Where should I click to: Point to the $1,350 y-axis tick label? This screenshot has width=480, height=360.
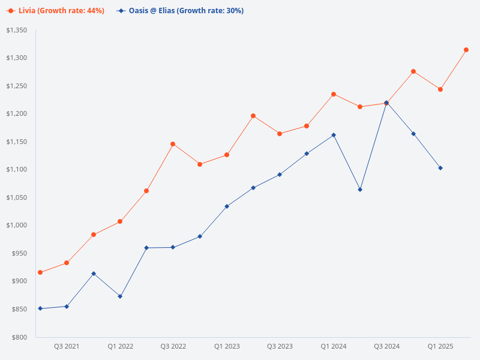coord(17,30)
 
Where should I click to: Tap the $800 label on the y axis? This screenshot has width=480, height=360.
coord(20,337)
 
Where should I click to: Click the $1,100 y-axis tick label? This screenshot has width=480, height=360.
coord(17,170)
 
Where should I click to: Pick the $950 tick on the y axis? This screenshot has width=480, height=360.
coord(20,253)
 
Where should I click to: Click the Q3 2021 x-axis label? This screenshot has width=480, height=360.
coord(67,347)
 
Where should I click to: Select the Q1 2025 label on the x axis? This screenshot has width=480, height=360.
coord(440,347)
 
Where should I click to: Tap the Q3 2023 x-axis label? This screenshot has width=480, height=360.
coord(280,347)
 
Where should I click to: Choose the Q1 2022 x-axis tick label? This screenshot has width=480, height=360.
coord(120,347)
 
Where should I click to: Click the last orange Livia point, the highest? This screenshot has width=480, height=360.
coord(466,50)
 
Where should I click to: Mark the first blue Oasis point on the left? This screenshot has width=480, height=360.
coord(40,308)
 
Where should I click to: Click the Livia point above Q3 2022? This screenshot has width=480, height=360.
coord(173,144)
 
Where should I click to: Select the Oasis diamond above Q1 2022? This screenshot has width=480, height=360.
coord(120,296)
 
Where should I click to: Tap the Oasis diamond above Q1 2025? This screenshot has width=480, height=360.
coord(440,168)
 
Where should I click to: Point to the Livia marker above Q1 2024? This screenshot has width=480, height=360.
coord(334,94)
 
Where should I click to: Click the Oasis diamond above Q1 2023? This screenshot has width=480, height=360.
coord(227,206)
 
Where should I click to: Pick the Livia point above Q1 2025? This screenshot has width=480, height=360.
coord(440,89)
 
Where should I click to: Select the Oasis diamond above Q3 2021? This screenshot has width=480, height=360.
coord(67,307)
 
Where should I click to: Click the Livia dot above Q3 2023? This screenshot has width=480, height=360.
coord(280,134)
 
